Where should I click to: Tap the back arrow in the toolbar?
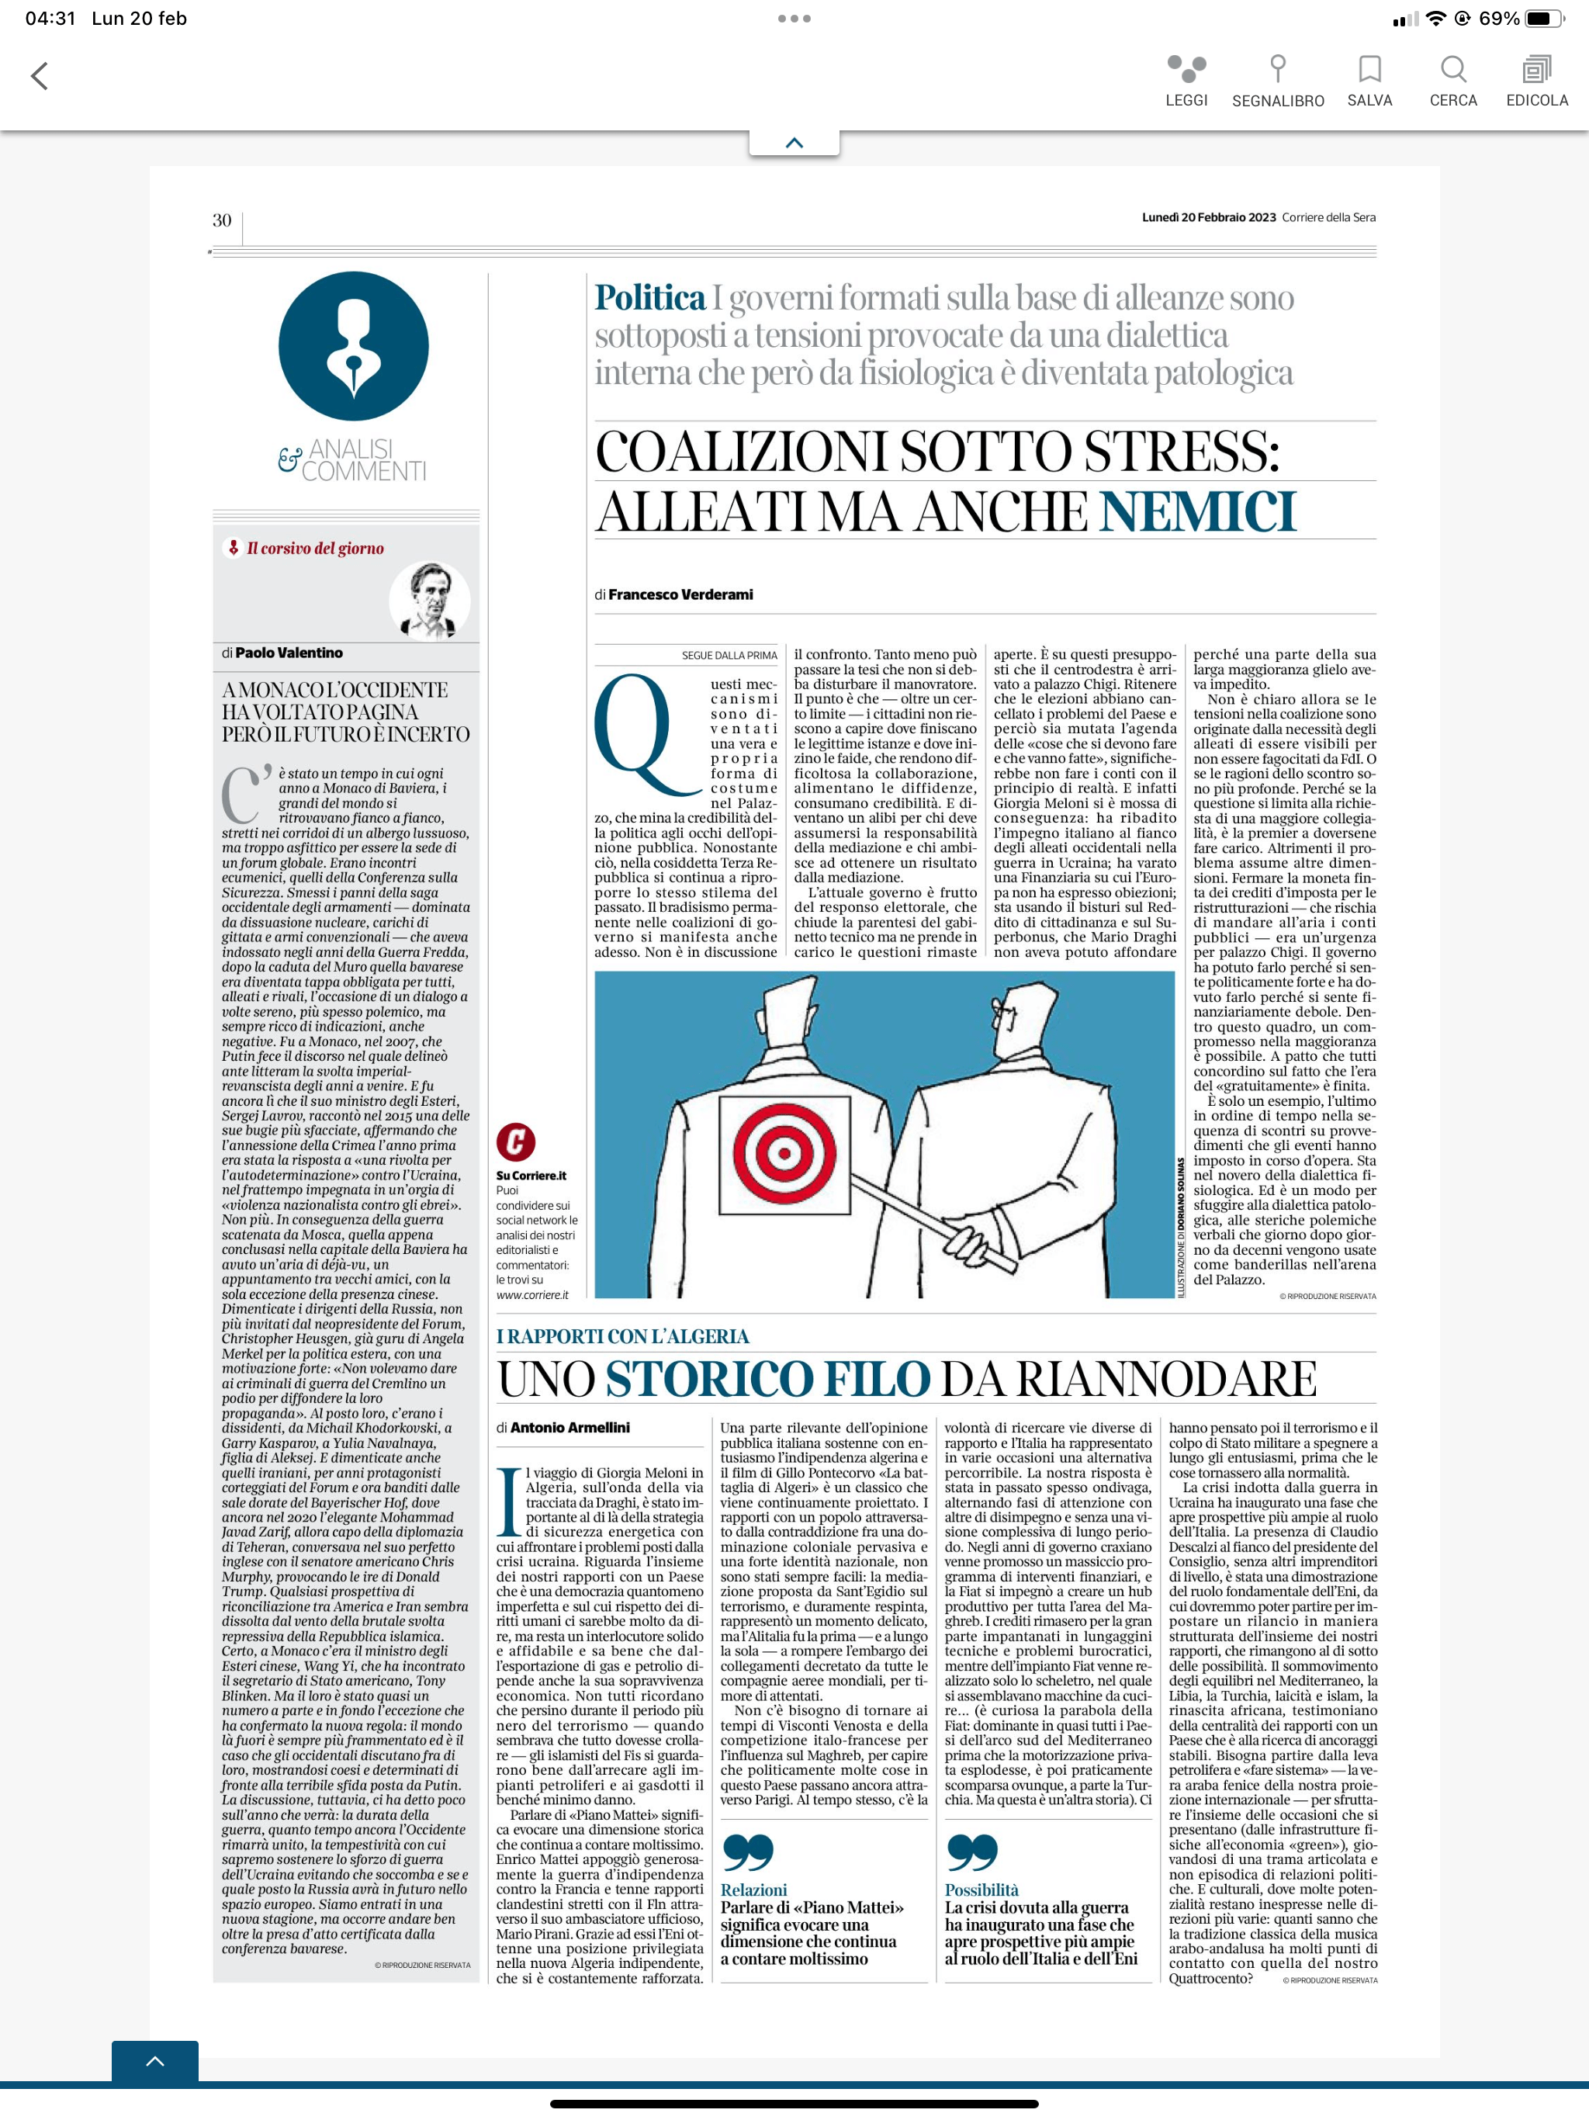[40, 77]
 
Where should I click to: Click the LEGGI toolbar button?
[1186, 81]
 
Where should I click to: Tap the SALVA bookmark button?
[1369, 81]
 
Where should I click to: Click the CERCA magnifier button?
[1453, 81]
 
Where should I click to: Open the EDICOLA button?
[1536, 81]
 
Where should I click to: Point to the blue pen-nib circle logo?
[354, 346]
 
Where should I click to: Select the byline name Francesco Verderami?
[680, 594]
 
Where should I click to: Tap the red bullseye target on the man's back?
[784, 1152]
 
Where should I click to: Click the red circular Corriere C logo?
[516, 1141]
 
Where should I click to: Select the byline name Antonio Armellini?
[569, 1427]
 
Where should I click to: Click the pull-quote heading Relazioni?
[753, 1890]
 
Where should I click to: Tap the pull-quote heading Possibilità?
[981, 1890]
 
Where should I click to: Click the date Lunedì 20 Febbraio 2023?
[1209, 217]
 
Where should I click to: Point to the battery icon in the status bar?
[1543, 18]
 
